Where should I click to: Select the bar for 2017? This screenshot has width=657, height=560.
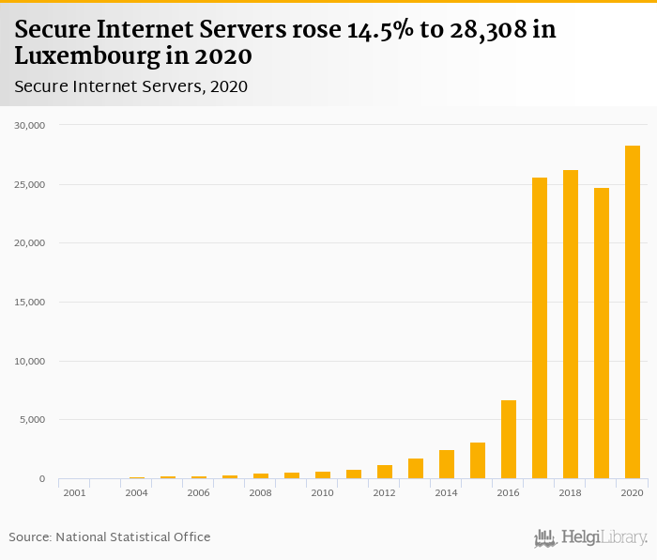pyautogui.click(x=540, y=328)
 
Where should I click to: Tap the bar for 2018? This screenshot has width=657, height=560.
pyautogui.click(x=571, y=324)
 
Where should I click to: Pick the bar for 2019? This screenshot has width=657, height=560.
pyautogui.click(x=602, y=334)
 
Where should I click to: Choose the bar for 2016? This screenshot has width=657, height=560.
pyautogui.click(x=509, y=440)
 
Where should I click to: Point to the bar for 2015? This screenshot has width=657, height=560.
pyautogui.click(x=478, y=460)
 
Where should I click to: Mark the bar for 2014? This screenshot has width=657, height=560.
pyautogui.click(x=447, y=464)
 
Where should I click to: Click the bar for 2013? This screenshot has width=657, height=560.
pyautogui.click(x=416, y=469)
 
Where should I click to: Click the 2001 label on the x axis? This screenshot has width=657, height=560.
pyautogui.click(x=74, y=492)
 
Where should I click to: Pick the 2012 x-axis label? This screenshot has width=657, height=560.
pyautogui.click(x=385, y=492)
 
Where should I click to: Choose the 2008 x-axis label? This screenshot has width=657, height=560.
pyautogui.click(x=261, y=492)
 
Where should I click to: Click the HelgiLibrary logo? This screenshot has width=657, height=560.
pyautogui.click(x=590, y=537)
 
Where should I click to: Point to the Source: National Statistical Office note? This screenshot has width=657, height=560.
pyautogui.click(x=110, y=537)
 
